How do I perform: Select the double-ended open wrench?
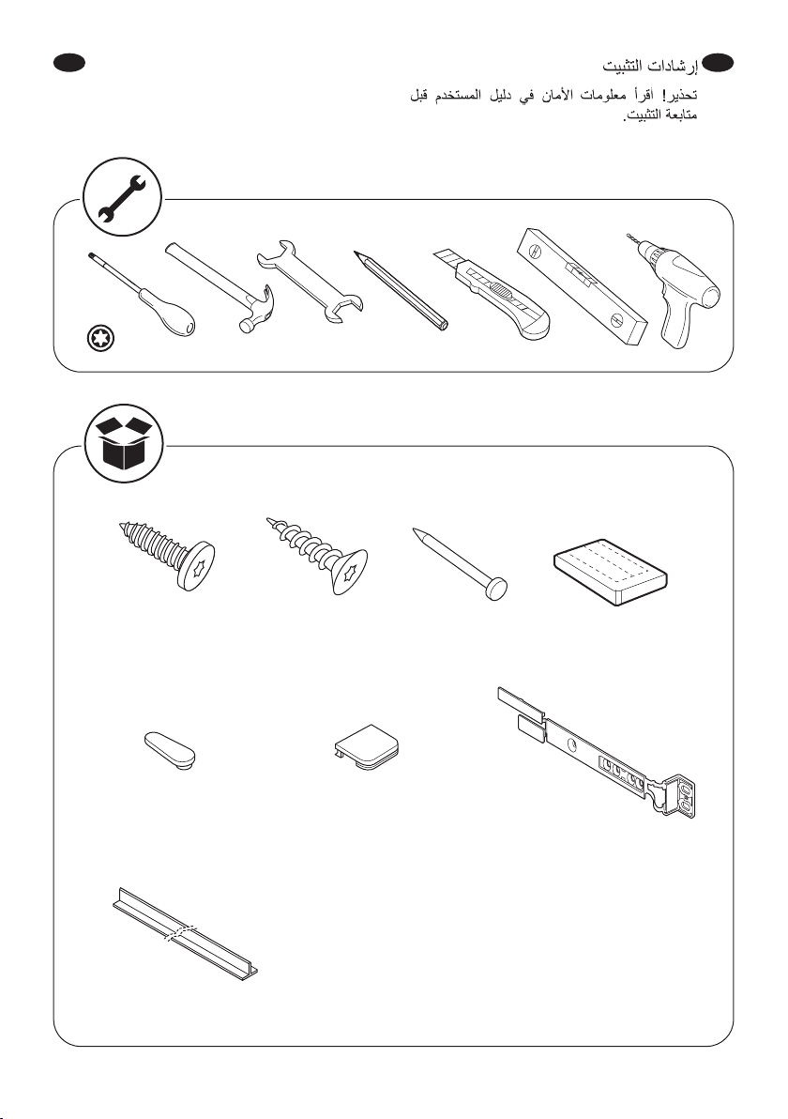coord(311,282)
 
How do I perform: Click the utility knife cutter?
coord(492,294)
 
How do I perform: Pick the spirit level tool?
coord(582,285)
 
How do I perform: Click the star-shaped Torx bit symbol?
coord(99,339)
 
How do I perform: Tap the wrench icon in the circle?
coord(122,197)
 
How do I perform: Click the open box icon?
coord(124,442)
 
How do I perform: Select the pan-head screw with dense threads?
coord(168,556)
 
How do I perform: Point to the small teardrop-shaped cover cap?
coord(171,748)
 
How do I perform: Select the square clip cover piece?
coord(367,748)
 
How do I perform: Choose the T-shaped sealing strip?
coord(185,932)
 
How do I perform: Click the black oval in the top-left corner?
coord(69,63)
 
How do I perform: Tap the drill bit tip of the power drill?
coord(629,236)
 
